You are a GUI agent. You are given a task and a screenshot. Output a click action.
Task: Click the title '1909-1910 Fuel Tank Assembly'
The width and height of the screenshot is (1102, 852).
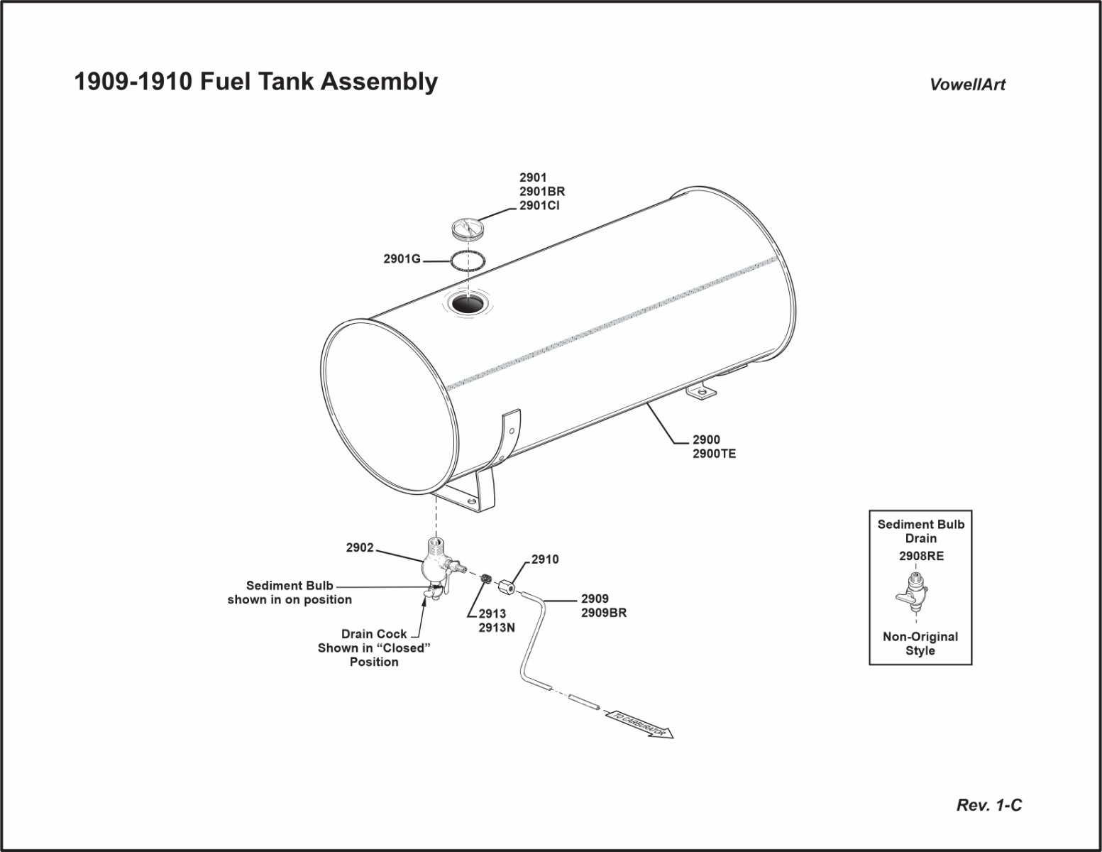255,82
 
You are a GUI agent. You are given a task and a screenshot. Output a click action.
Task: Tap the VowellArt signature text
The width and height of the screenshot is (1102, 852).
967,84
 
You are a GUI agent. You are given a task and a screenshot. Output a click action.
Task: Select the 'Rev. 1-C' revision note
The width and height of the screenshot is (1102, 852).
989,805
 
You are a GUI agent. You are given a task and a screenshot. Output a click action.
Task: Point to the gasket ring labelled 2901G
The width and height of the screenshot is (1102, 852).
468,260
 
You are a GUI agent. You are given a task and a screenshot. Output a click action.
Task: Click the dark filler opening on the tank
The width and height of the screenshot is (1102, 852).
468,304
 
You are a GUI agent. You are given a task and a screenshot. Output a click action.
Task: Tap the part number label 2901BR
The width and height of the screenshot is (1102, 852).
542,192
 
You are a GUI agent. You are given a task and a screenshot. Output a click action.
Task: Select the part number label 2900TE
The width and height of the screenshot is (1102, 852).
714,454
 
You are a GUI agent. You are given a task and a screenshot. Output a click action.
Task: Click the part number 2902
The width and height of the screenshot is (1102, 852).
360,548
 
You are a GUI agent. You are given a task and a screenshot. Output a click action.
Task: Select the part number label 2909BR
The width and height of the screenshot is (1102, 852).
603,613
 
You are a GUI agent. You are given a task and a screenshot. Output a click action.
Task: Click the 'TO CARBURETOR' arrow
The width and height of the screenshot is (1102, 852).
639,725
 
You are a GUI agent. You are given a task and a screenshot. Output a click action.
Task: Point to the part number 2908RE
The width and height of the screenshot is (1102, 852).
921,557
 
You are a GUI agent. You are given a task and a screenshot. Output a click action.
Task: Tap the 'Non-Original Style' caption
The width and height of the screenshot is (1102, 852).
920,643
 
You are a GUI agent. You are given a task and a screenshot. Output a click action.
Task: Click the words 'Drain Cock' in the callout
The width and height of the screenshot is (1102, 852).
374,634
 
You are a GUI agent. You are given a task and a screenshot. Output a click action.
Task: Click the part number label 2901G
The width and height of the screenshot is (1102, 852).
402,259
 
